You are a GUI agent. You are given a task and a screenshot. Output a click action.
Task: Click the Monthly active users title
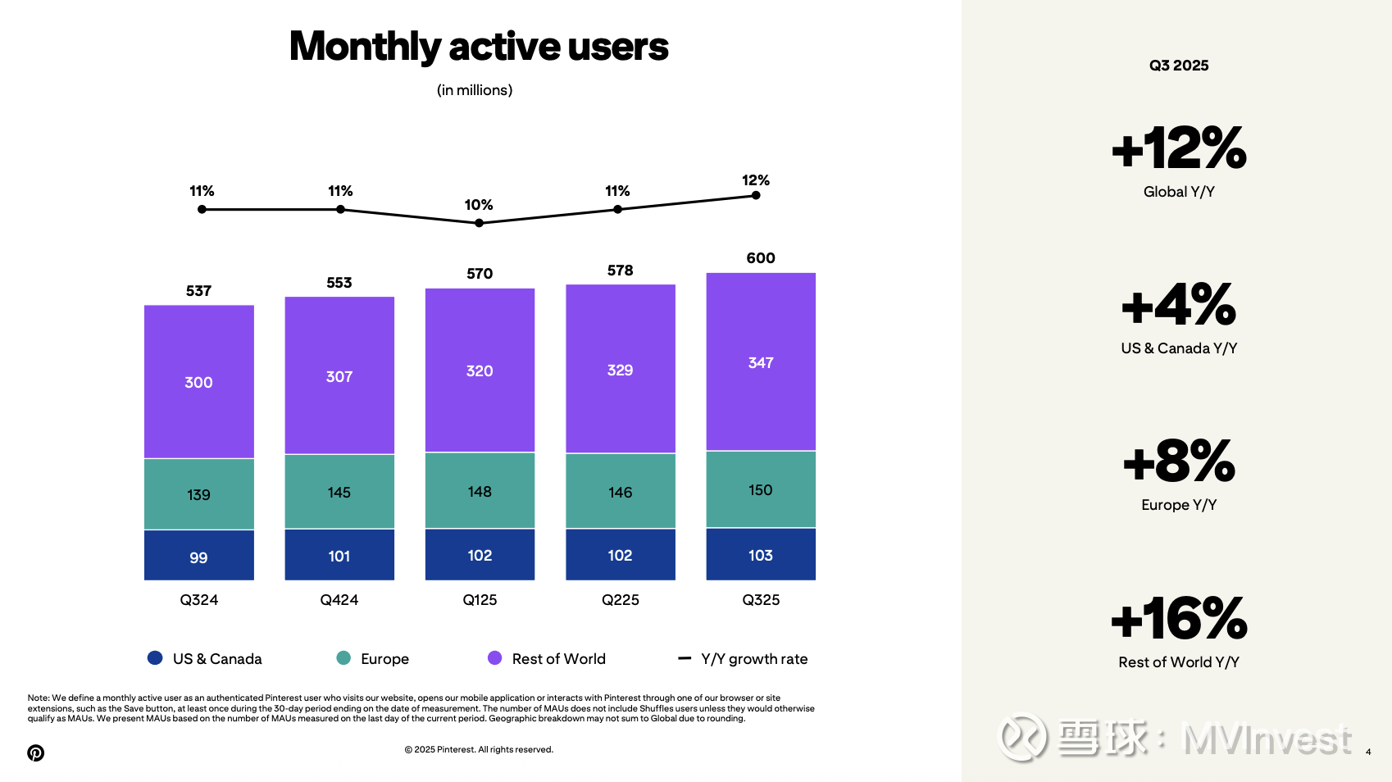click(479, 47)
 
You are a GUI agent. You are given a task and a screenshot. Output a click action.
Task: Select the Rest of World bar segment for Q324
click(199, 382)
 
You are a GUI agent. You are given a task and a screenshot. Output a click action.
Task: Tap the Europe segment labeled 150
click(761, 489)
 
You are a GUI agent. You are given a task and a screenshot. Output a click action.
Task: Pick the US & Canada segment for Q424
click(339, 555)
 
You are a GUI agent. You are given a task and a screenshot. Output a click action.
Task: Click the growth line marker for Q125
click(479, 223)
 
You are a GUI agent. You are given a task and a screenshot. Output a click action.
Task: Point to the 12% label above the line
click(755, 180)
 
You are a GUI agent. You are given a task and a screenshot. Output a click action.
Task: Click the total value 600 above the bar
click(761, 258)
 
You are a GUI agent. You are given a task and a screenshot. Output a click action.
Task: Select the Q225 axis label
click(621, 600)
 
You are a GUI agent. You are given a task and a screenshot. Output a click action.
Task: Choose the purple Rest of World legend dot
click(495, 658)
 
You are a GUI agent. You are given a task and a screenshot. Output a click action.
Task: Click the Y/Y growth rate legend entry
click(743, 659)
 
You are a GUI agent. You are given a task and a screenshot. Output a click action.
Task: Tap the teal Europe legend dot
click(343, 658)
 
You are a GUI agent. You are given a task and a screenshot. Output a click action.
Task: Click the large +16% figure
click(1179, 619)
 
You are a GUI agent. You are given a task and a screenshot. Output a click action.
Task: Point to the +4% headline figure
click(1179, 305)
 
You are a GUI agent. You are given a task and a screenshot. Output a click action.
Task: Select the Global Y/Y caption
click(1179, 192)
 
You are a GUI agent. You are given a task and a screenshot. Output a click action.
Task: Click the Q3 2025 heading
click(1179, 66)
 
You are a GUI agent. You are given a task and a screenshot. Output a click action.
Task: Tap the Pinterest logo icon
click(36, 752)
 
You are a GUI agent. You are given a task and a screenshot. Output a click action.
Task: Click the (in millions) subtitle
click(475, 90)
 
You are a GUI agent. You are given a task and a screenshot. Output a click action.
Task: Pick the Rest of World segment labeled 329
click(621, 370)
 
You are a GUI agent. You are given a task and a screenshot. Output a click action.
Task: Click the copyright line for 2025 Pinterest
click(479, 749)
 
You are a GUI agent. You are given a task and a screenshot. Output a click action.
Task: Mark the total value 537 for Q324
click(199, 291)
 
